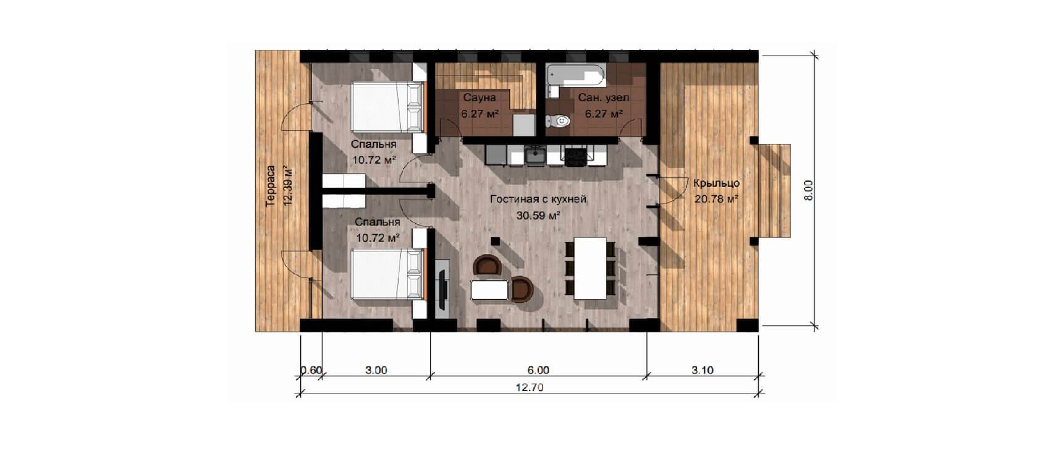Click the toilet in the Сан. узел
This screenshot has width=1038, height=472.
558,121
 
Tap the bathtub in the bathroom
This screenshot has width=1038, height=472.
576,75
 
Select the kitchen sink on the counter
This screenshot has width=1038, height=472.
535,154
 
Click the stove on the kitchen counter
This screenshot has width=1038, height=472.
576,156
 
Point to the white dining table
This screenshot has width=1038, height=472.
590,268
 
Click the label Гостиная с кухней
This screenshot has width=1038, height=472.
538,199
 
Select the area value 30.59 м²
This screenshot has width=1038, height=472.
539,216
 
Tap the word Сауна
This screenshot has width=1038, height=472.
479,98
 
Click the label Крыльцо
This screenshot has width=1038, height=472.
717,183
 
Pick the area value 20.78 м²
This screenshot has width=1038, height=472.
717,199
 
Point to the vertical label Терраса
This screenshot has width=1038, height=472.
271,185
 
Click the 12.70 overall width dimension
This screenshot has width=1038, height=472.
530,387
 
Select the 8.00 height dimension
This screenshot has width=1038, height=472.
808,190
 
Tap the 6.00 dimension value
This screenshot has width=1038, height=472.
538,370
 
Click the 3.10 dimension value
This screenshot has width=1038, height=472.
703,370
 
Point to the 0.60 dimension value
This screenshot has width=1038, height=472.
311,370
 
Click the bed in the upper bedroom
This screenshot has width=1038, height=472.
388,107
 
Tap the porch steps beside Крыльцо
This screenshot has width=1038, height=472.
774,191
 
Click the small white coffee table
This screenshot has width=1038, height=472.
491,290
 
